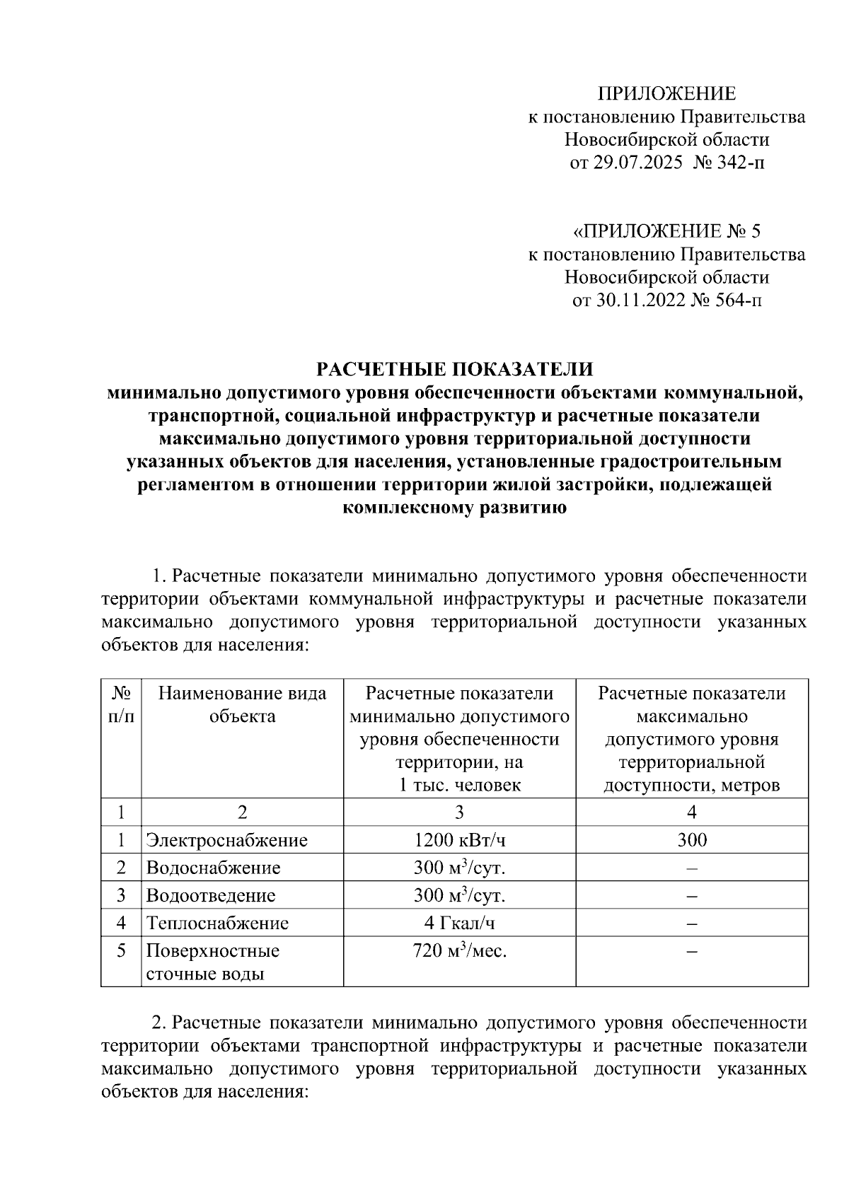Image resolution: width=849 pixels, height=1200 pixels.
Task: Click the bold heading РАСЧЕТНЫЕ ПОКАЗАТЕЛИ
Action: (x=454, y=369)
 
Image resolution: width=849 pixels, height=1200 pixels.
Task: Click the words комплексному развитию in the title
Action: (x=454, y=508)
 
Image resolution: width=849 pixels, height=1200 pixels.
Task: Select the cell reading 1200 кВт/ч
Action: (x=459, y=840)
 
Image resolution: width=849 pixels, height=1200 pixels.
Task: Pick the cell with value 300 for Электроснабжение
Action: (x=691, y=840)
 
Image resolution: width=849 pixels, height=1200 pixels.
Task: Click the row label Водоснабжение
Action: (x=213, y=868)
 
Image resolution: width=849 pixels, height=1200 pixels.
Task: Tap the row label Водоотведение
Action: (x=210, y=895)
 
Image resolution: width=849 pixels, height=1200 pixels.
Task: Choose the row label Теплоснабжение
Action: (x=217, y=923)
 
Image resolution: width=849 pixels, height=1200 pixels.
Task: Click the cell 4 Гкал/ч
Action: (x=459, y=923)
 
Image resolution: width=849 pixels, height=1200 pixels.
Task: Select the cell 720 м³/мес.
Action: (x=459, y=951)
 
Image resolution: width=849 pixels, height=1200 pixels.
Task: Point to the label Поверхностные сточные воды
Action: (x=212, y=962)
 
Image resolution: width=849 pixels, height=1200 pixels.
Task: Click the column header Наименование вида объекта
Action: (x=242, y=704)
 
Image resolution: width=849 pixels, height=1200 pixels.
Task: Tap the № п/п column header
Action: (x=121, y=704)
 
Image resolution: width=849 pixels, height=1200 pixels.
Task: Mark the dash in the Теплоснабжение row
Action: (x=691, y=924)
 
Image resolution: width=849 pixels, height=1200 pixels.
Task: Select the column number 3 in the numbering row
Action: (x=459, y=812)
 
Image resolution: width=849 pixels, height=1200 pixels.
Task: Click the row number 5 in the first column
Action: (x=121, y=951)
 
